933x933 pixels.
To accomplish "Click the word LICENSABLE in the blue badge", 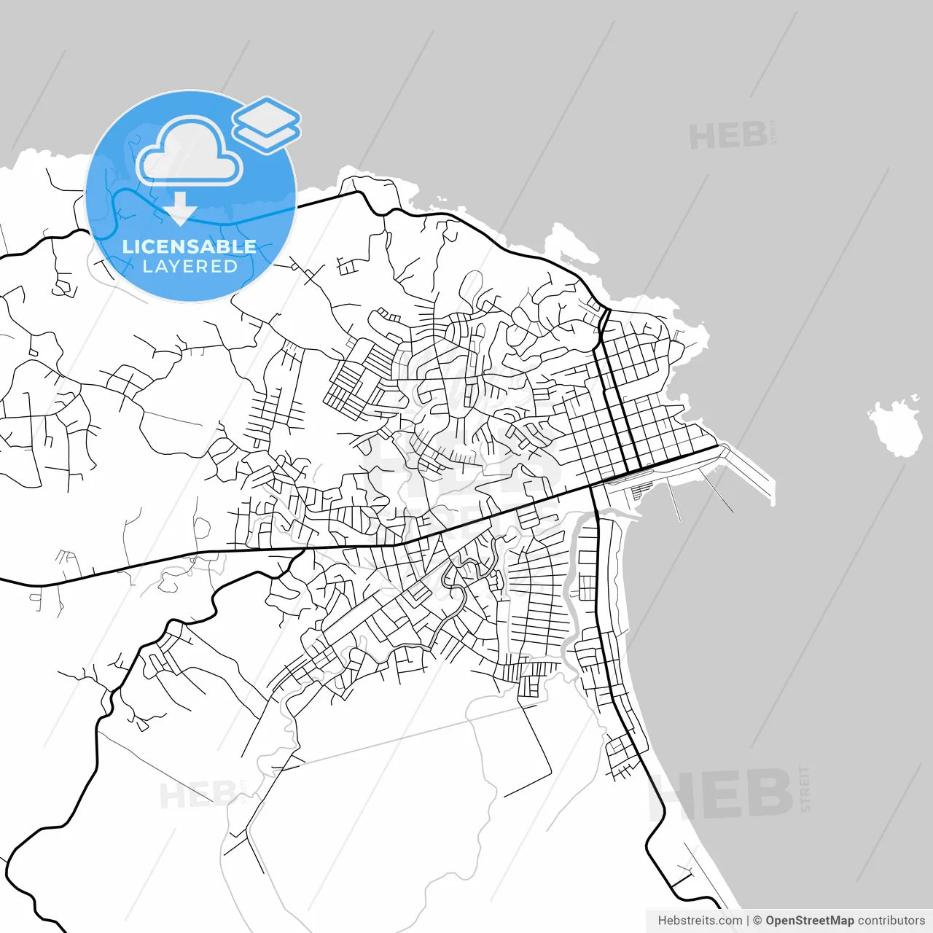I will pyautogui.click(x=190, y=246).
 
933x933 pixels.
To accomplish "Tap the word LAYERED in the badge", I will pyautogui.click(x=190, y=266).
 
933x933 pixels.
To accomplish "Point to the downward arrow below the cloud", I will pyautogui.click(x=179, y=209).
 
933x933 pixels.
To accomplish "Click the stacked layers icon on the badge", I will pyautogui.click(x=267, y=124).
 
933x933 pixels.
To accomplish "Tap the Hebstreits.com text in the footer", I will pyautogui.click(x=700, y=921).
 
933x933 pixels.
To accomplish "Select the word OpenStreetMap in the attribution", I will pyautogui.click(x=809, y=921).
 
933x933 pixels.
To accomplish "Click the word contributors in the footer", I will pyautogui.click(x=891, y=921).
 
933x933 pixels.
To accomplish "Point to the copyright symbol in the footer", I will pyautogui.click(x=757, y=921).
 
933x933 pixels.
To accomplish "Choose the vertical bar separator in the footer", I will pyautogui.click(x=748, y=921).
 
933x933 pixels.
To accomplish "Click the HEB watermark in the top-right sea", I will pyautogui.click(x=727, y=136).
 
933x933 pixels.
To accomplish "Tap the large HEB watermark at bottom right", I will pyautogui.click(x=722, y=795).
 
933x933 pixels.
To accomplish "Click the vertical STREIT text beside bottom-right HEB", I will pyautogui.click(x=805, y=789).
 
